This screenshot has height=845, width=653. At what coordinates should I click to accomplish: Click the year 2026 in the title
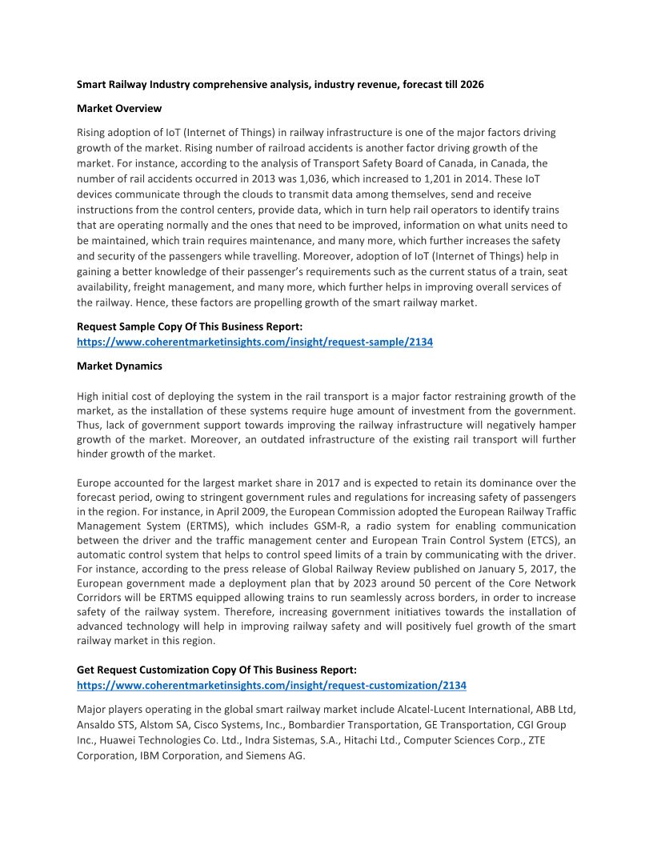click(471, 84)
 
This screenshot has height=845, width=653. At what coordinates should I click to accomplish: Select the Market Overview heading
click(119, 108)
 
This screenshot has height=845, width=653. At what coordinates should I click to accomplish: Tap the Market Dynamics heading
click(119, 366)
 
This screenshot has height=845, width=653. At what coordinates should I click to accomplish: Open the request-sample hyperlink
click(254, 342)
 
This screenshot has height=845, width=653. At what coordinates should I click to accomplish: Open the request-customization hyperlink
click(271, 686)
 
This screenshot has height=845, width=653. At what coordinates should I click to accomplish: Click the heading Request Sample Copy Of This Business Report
click(189, 326)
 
